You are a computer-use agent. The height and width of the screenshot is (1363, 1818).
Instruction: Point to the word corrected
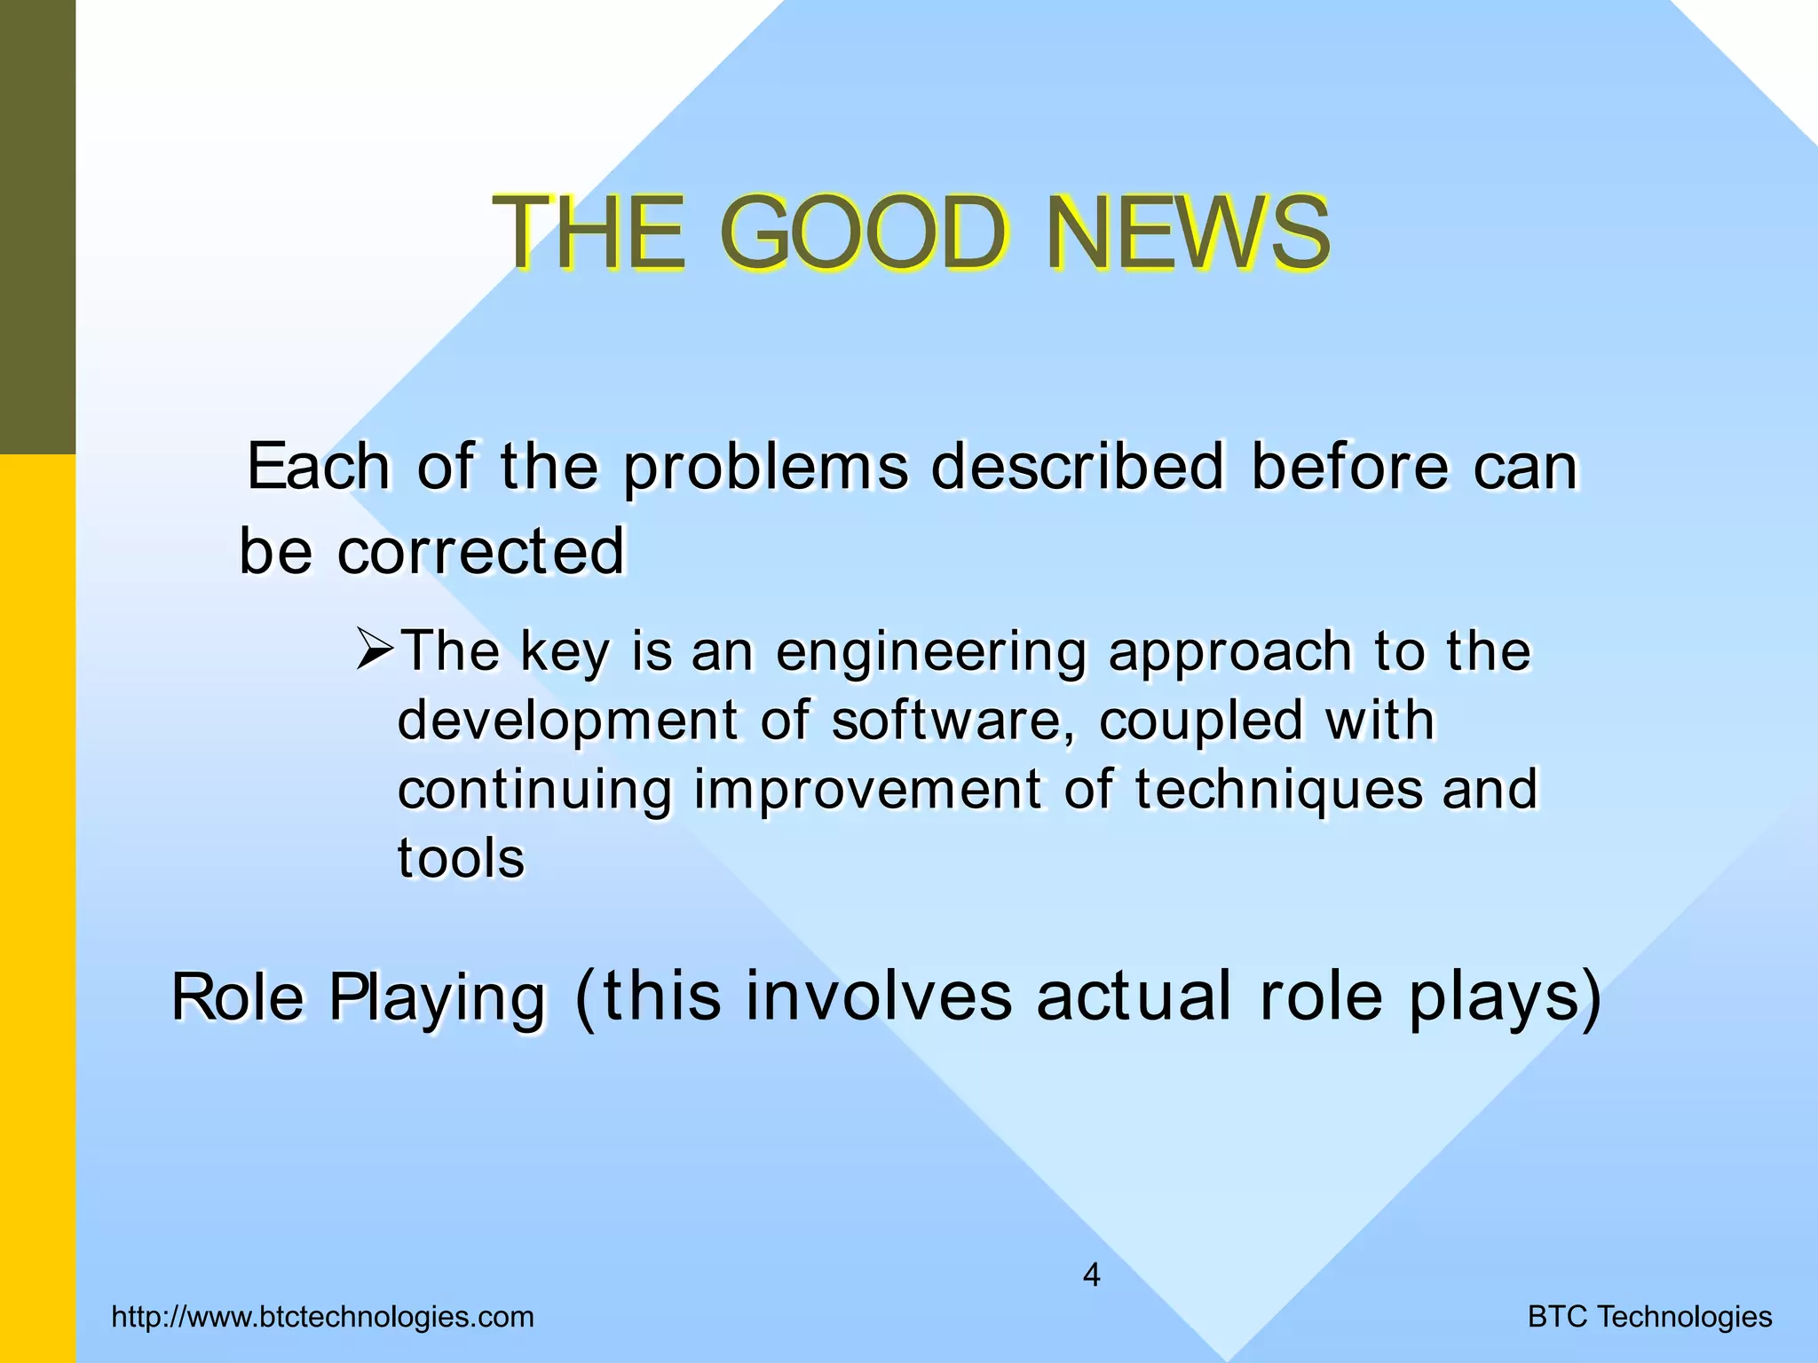click(x=481, y=551)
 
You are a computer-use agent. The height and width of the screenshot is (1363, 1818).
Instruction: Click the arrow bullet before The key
click(x=375, y=650)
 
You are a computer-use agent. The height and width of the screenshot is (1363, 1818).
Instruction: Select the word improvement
click(x=867, y=790)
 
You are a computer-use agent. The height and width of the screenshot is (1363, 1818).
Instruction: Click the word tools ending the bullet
click(x=461, y=858)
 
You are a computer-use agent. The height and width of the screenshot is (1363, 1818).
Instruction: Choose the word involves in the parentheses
click(x=879, y=996)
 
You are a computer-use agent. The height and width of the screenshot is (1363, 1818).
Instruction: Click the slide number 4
click(x=1092, y=1276)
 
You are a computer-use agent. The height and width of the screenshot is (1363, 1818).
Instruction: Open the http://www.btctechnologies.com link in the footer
click(x=323, y=1317)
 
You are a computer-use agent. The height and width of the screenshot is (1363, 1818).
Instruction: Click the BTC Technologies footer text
click(x=1649, y=1317)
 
